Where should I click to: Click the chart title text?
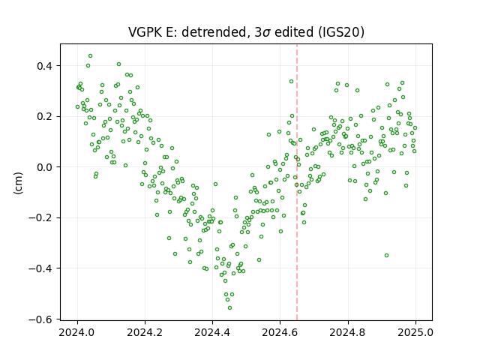[x=246, y=31]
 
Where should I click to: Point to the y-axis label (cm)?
[x=18, y=183]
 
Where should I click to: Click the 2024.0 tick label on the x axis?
[x=77, y=332]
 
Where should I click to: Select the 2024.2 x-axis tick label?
[x=145, y=332]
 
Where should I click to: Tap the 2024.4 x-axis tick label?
[x=212, y=332]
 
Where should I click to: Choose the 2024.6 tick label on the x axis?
[x=280, y=332]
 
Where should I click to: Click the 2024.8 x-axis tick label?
[x=348, y=332]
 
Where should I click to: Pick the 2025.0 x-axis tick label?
[x=415, y=332]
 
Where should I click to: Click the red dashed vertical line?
[x=297, y=182]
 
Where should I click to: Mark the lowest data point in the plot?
[x=230, y=308]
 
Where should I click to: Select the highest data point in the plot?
[x=90, y=56]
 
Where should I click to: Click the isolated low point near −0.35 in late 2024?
[x=387, y=255]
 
